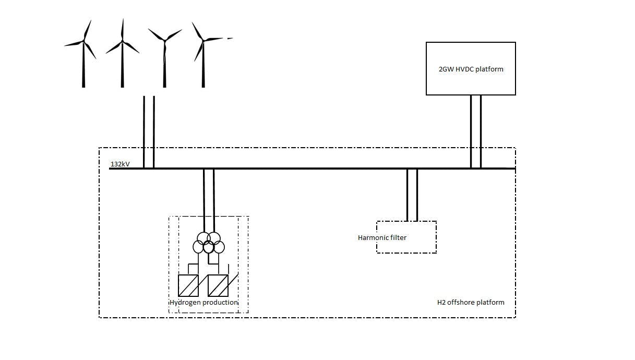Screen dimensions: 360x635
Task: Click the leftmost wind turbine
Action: click(83, 57)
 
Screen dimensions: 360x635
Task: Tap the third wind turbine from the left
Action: click(164, 57)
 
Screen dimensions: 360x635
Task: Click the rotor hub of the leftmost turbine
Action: click(83, 42)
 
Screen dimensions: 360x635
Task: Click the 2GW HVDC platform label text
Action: click(471, 69)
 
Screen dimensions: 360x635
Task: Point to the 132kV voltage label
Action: click(120, 164)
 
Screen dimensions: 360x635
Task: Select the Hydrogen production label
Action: click(203, 303)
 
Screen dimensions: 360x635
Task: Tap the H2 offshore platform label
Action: click(471, 302)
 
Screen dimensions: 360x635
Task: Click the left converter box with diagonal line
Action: click(188, 285)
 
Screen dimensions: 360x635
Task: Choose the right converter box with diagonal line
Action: click(218, 285)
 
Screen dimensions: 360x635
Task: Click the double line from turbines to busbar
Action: click(149, 130)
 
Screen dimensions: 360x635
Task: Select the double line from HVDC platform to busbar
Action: click(475, 130)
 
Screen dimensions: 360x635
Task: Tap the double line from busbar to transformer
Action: click(208, 198)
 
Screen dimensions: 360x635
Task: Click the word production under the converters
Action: click(220, 303)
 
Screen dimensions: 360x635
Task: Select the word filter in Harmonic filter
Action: click(399, 237)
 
